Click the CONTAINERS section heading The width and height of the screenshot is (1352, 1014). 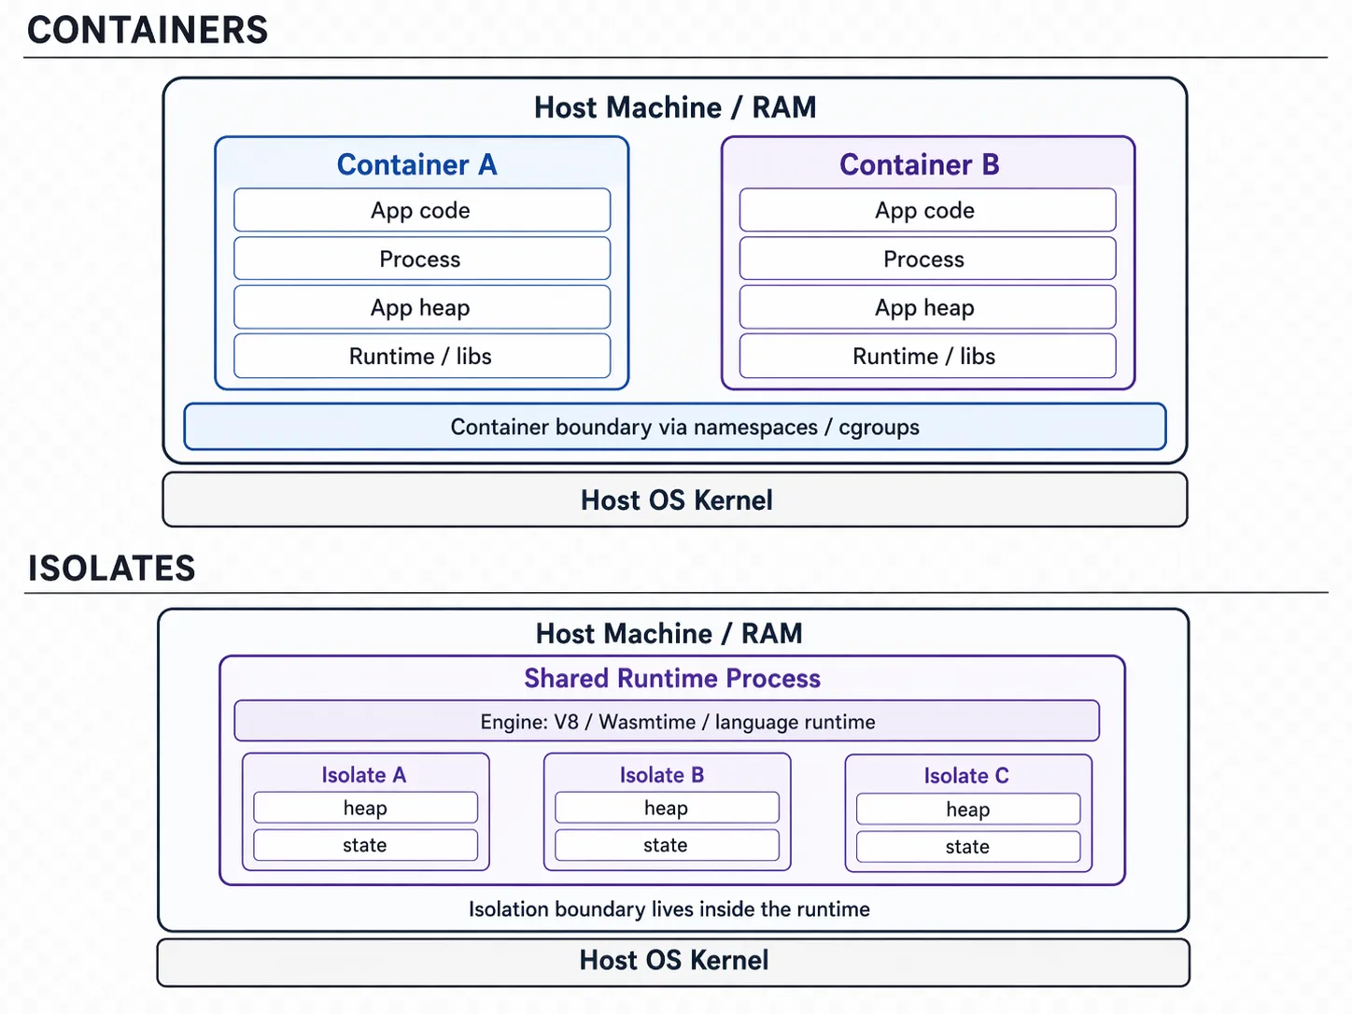point(148,30)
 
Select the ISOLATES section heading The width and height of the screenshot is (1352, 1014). point(111,568)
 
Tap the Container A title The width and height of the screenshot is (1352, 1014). point(416,164)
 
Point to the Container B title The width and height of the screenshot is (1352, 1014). point(919,164)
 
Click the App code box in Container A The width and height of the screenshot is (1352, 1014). point(421,210)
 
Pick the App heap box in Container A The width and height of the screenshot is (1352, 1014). point(421,307)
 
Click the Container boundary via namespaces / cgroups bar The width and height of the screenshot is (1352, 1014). point(674,427)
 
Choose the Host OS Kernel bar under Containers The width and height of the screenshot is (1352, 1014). point(674,500)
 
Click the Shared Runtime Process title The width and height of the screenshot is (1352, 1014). point(671,678)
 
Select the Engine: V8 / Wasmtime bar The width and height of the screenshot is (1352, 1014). point(666,722)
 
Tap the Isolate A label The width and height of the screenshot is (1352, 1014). point(364,775)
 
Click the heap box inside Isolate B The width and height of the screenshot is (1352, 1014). point(666,808)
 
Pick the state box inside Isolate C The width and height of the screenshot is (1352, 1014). point(967,847)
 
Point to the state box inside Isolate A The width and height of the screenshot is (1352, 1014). point(365,845)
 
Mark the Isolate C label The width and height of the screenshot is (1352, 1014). point(966,776)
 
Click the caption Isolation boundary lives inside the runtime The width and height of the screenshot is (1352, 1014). point(669,908)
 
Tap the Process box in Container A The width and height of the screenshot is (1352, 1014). point(421,259)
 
